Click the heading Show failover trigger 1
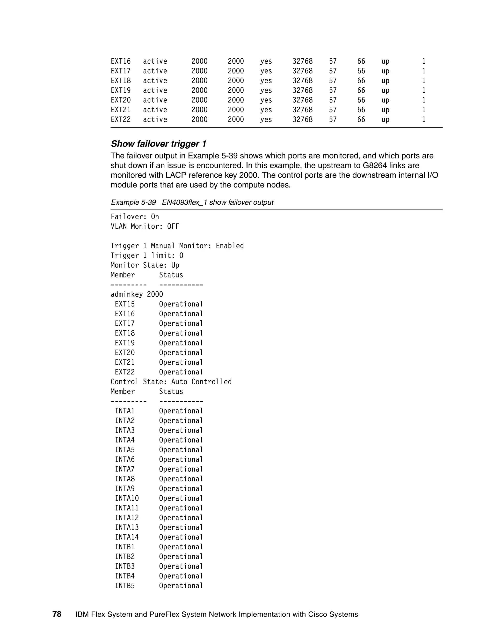[x=158, y=144]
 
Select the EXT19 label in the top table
[x=121, y=90]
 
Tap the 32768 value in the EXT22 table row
[x=302, y=119]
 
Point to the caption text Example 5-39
[x=133, y=202]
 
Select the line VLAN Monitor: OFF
[x=145, y=227]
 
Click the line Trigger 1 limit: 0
[x=147, y=256]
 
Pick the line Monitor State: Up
[x=145, y=265]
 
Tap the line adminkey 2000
[x=137, y=294]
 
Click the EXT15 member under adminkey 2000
[x=125, y=304]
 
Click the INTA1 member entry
[x=125, y=411]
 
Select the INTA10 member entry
[x=127, y=498]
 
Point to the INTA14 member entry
[x=127, y=537]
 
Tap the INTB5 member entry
[x=125, y=586]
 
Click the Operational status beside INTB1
[x=181, y=547]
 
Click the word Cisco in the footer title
[x=318, y=615]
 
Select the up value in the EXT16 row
[x=385, y=61]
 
